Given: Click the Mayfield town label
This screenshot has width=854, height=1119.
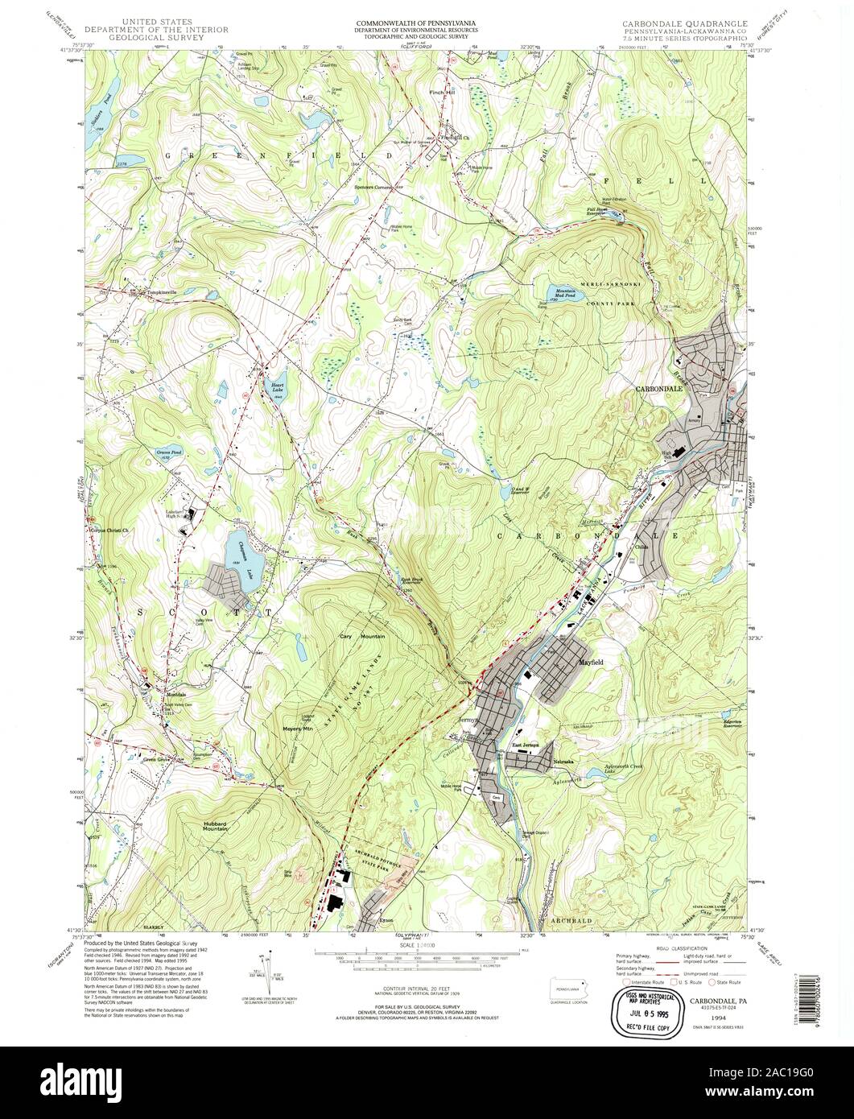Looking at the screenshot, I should click(x=591, y=662).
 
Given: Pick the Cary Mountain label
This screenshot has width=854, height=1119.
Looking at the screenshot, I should click(x=361, y=636).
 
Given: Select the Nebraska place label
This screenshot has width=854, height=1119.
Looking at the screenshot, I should click(x=562, y=761).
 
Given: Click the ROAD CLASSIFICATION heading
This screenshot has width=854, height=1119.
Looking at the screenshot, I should click(x=679, y=949).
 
